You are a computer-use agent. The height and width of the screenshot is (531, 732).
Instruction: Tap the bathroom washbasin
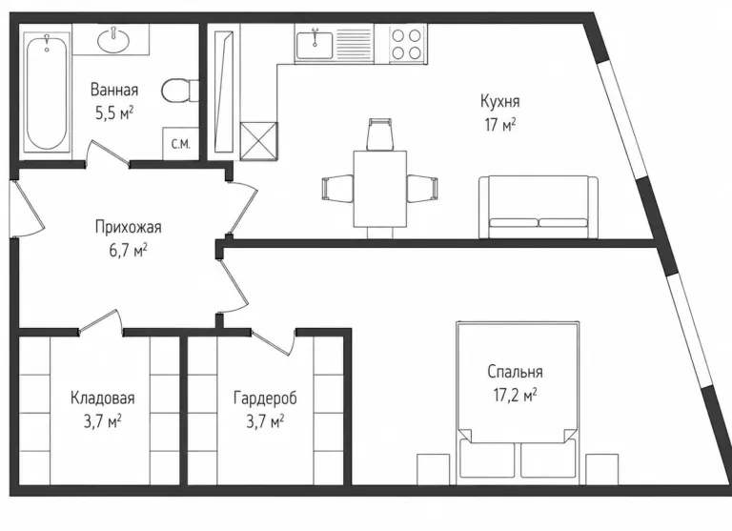click(113, 39)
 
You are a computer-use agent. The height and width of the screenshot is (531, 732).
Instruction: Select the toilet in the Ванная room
click(180, 91)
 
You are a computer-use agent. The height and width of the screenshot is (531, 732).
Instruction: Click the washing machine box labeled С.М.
click(180, 143)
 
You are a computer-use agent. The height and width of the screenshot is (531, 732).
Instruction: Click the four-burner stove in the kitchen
click(406, 44)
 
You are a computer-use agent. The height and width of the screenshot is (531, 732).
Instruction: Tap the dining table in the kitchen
click(380, 189)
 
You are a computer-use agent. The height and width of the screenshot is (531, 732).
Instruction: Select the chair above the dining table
click(380, 134)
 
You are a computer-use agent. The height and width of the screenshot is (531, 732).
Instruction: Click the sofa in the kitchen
click(539, 207)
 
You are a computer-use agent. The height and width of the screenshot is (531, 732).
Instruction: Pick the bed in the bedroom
click(518, 402)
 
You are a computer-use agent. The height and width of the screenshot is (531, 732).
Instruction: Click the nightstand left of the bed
click(434, 469)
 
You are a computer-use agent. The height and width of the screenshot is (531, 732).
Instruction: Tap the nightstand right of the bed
click(602, 469)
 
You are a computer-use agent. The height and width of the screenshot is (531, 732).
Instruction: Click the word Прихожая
click(129, 228)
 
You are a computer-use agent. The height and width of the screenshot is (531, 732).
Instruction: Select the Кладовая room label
click(103, 398)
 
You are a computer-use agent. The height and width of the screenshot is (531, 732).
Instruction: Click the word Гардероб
click(265, 398)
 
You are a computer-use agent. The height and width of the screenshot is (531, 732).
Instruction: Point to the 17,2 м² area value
click(515, 396)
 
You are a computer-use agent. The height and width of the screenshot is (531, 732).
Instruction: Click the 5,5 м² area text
click(114, 113)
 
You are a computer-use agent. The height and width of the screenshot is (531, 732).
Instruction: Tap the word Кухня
click(500, 101)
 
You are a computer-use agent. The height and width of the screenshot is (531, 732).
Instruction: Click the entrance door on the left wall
click(26, 208)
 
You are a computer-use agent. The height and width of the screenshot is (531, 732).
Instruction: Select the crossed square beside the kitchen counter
click(258, 140)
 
